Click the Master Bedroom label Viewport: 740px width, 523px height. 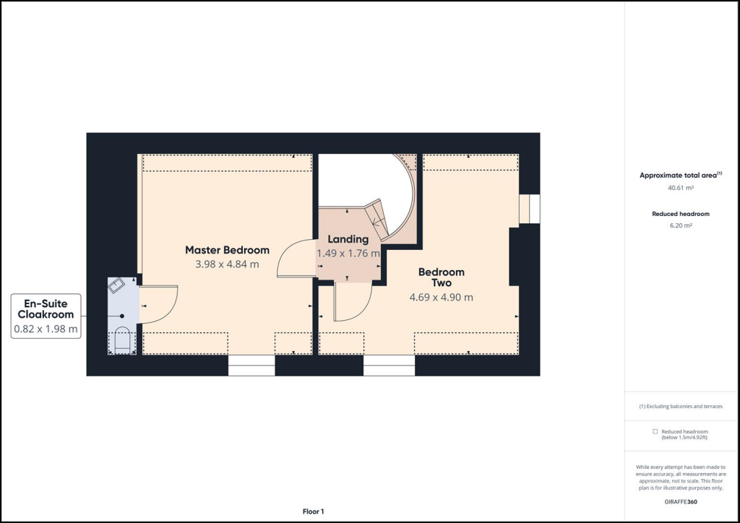pyautogui.click(x=227, y=250)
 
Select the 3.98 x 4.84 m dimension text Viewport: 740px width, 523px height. pyautogui.click(x=227, y=264)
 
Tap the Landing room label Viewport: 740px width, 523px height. pyautogui.click(x=348, y=239)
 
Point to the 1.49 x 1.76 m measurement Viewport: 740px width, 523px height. pyautogui.click(x=348, y=254)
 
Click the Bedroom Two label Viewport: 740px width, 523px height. pyautogui.click(x=441, y=277)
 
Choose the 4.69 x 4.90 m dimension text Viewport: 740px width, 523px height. pyautogui.click(x=441, y=297)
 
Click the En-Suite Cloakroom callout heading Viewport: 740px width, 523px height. pyautogui.click(x=46, y=309)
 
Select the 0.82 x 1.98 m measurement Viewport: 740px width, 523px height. pyautogui.click(x=46, y=329)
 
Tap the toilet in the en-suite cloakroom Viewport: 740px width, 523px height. pyautogui.click(x=122, y=340)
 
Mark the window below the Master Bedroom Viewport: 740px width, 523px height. pyautogui.click(x=251, y=366)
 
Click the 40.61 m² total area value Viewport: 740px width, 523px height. pyautogui.click(x=681, y=188)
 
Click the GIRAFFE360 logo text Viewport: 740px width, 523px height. pyautogui.click(x=681, y=501)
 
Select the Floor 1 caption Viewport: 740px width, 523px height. pyautogui.click(x=313, y=511)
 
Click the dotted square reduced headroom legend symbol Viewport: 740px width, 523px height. pyautogui.click(x=655, y=431)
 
